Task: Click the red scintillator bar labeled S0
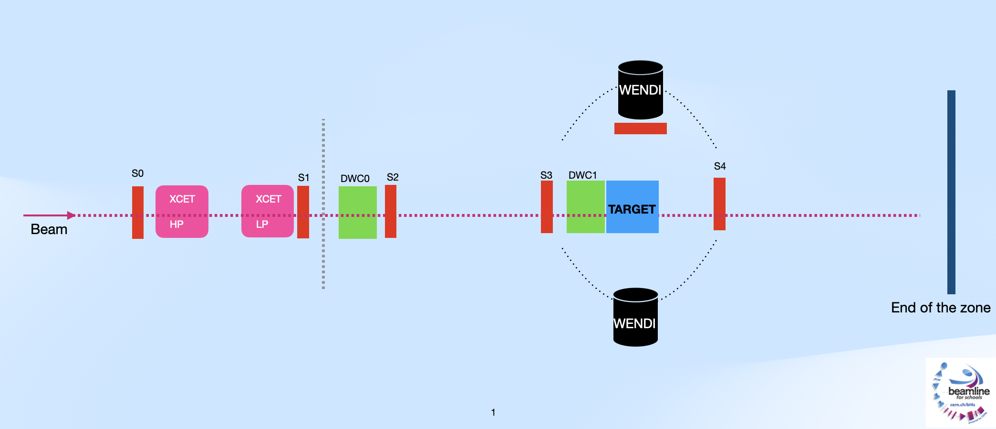(x=138, y=212)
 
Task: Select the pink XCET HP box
(x=182, y=211)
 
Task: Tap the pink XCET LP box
(x=268, y=211)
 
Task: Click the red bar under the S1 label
(x=303, y=212)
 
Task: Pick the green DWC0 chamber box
(x=358, y=212)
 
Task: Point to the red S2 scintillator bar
(x=391, y=211)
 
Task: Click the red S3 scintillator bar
(x=547, y=207)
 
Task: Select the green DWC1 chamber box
(x=585, y=207)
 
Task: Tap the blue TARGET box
(x=633, y=207)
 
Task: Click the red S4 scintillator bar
(x=719, y=204)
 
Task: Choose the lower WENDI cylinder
(x=635, y=318)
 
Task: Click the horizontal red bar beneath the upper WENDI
(x=640, y=129)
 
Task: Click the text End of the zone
(x=941, y=308)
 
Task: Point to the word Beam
(x=49, y=229)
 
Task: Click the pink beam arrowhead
(x=71, y=215)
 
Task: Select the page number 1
(x=493, y=412)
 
